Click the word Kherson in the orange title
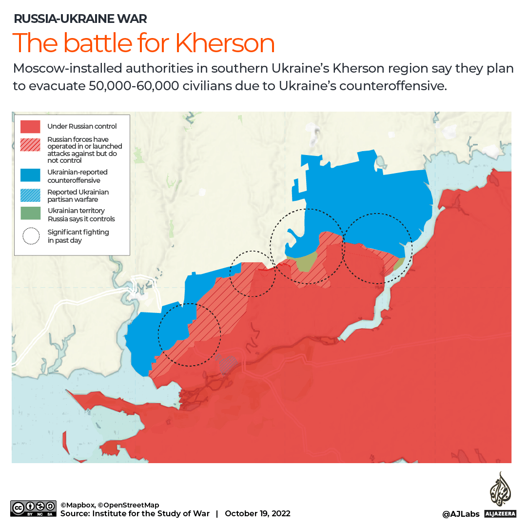[225, 43]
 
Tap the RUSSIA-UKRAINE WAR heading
[80, 19]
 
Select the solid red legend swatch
[30, 126]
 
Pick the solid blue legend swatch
[30, 176]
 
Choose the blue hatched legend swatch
[30, 195]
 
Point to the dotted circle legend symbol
[30, 236]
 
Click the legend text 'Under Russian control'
[82, 126]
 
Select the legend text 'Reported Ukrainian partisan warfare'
[78, 195]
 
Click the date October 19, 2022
[257, 513]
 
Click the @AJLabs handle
[461, 514]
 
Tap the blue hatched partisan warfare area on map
[227, 364]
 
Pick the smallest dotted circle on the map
[253, 273]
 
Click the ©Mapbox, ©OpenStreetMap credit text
[110, 505]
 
